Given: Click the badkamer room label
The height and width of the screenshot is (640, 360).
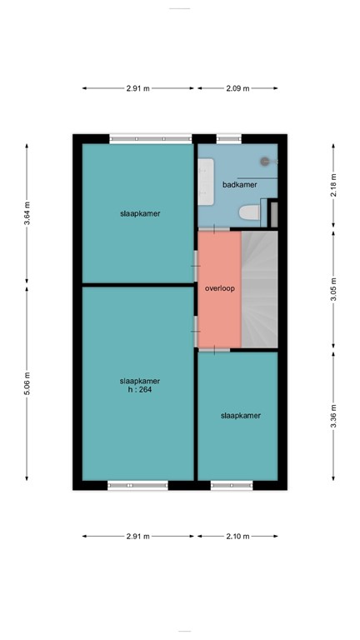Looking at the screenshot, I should tap(238, 185).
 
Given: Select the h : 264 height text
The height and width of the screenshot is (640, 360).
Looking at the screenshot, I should tap(139, 389).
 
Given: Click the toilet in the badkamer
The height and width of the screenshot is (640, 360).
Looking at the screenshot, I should tap(248, 214).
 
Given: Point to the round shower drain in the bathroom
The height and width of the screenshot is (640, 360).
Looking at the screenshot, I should tap(266, 161).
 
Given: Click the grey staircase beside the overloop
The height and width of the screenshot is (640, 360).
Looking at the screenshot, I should tap(258, 287).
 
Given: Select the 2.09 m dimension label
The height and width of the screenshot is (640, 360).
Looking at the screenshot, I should tap(237, 87).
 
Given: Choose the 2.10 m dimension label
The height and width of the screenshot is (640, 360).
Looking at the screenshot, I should tap(237, 536).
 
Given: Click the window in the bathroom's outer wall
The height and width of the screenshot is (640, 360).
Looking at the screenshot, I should tap(229, 138).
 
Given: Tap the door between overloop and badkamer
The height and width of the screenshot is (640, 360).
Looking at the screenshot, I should tap(218, 229).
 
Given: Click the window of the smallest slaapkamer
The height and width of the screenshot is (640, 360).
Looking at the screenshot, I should tap(232, 484).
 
